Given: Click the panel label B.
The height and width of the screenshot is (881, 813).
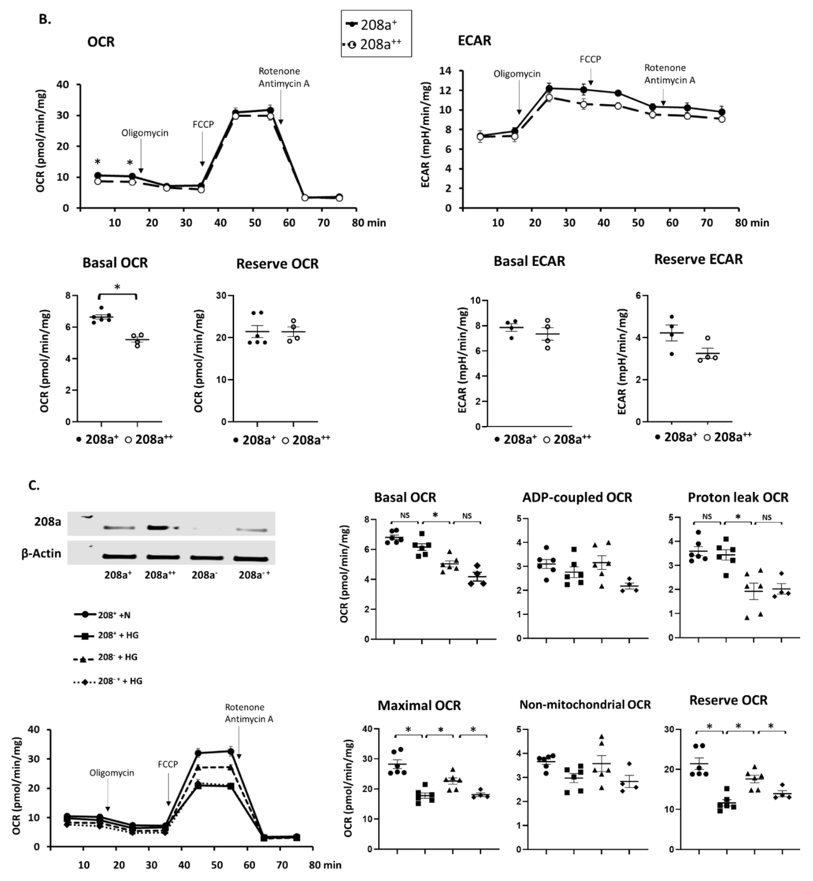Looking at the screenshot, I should click(x=45, y=19).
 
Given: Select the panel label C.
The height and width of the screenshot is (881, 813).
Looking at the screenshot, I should click(x=34, y=485).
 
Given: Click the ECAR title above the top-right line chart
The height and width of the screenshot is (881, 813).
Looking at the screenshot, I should click(x=474, y=40).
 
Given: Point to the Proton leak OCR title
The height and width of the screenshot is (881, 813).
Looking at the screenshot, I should click(x=738, y=497).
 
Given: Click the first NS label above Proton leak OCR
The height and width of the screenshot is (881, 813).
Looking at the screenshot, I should click(x=707, y=517).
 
